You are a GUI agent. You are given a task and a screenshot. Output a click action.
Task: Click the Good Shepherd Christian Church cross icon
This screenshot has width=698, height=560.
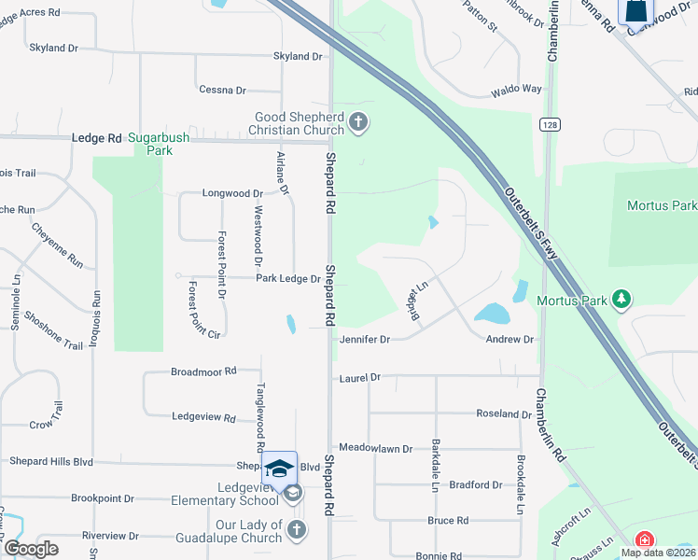pos(357,122)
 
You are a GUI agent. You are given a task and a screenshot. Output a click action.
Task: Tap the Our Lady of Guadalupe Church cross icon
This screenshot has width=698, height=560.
pos(297,530)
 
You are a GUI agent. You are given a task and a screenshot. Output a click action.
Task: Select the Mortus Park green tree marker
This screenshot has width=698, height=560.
pos(621,300)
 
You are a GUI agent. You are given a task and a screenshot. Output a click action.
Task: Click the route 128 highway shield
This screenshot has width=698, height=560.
pos(549,124)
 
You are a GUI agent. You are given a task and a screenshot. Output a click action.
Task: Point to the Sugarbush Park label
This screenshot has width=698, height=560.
pos(159,144)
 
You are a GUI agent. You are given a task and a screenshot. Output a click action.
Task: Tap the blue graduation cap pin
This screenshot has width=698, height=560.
pos(279,469)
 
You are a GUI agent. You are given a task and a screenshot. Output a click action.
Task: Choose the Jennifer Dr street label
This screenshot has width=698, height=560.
pos(364,340)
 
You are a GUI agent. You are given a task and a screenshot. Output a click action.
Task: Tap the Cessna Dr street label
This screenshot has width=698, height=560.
pos(222,90)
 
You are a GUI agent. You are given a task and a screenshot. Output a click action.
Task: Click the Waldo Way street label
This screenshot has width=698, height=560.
pos(516,90)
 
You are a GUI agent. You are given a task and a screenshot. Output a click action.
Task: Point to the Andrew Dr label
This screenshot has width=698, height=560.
pos(510,340)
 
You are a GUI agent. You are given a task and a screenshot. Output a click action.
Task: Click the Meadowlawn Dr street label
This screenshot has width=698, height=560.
pos(375,449)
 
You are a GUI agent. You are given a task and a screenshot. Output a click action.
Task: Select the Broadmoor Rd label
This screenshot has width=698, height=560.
pos(203,371)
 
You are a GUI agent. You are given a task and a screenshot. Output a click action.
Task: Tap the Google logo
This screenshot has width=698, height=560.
pos(31,549)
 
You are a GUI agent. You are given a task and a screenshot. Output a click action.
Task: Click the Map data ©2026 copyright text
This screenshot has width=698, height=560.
pos(658,553)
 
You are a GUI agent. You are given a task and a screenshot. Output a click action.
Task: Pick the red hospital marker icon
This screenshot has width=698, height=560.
pos(644,540)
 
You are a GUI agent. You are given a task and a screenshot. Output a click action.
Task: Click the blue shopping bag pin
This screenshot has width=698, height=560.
pos(635,11)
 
